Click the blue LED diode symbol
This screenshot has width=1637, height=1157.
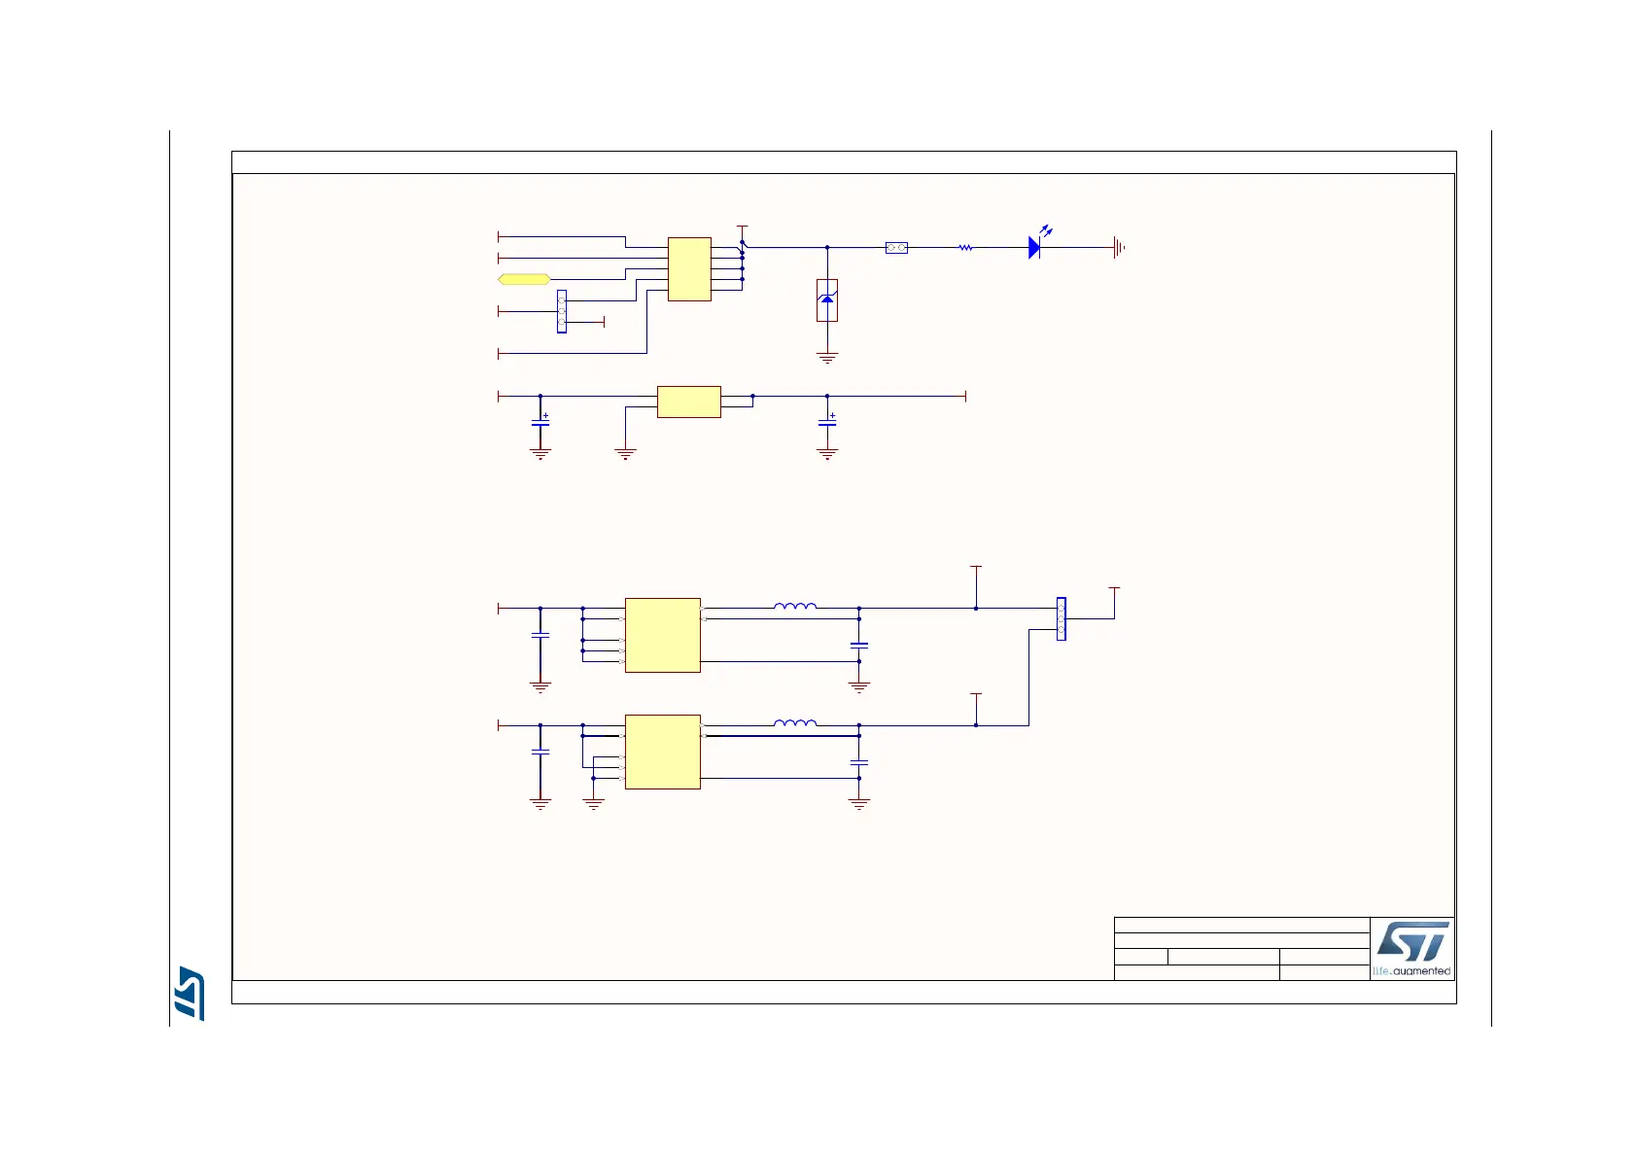[x=1034, y=247]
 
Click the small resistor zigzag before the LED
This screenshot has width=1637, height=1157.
[x=965, y=248]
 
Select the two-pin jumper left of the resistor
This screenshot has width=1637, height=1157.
[x=896, y=248]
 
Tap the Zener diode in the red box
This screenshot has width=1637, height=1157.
[x=827, y=300]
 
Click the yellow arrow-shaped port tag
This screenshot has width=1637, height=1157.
[x=524, y=279]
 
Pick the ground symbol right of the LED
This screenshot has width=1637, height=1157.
[x=1119, y=248]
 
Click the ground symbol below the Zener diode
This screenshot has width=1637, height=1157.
[x=827, y=358]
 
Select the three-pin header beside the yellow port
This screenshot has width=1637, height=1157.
[x=562, y=311]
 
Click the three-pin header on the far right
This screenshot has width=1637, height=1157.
[x=1061, y=618]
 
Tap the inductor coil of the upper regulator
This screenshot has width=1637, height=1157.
[x=795, y=607]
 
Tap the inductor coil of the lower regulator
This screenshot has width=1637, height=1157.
[x=795, y=723]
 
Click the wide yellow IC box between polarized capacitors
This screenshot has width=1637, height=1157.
[x=688, y=402]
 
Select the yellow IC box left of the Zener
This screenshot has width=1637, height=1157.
[x=689, y=269]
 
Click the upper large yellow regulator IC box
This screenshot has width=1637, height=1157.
[x=662, y=635]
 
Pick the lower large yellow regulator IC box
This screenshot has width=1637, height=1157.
[x=662, y=752]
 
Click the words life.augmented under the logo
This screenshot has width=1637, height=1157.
[x=1411, y=970]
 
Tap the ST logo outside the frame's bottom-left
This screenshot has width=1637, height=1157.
[x=190, y=993]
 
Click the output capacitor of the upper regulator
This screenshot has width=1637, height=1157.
[x=858, y=645]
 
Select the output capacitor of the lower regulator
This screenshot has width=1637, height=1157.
[x=858, y=762]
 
